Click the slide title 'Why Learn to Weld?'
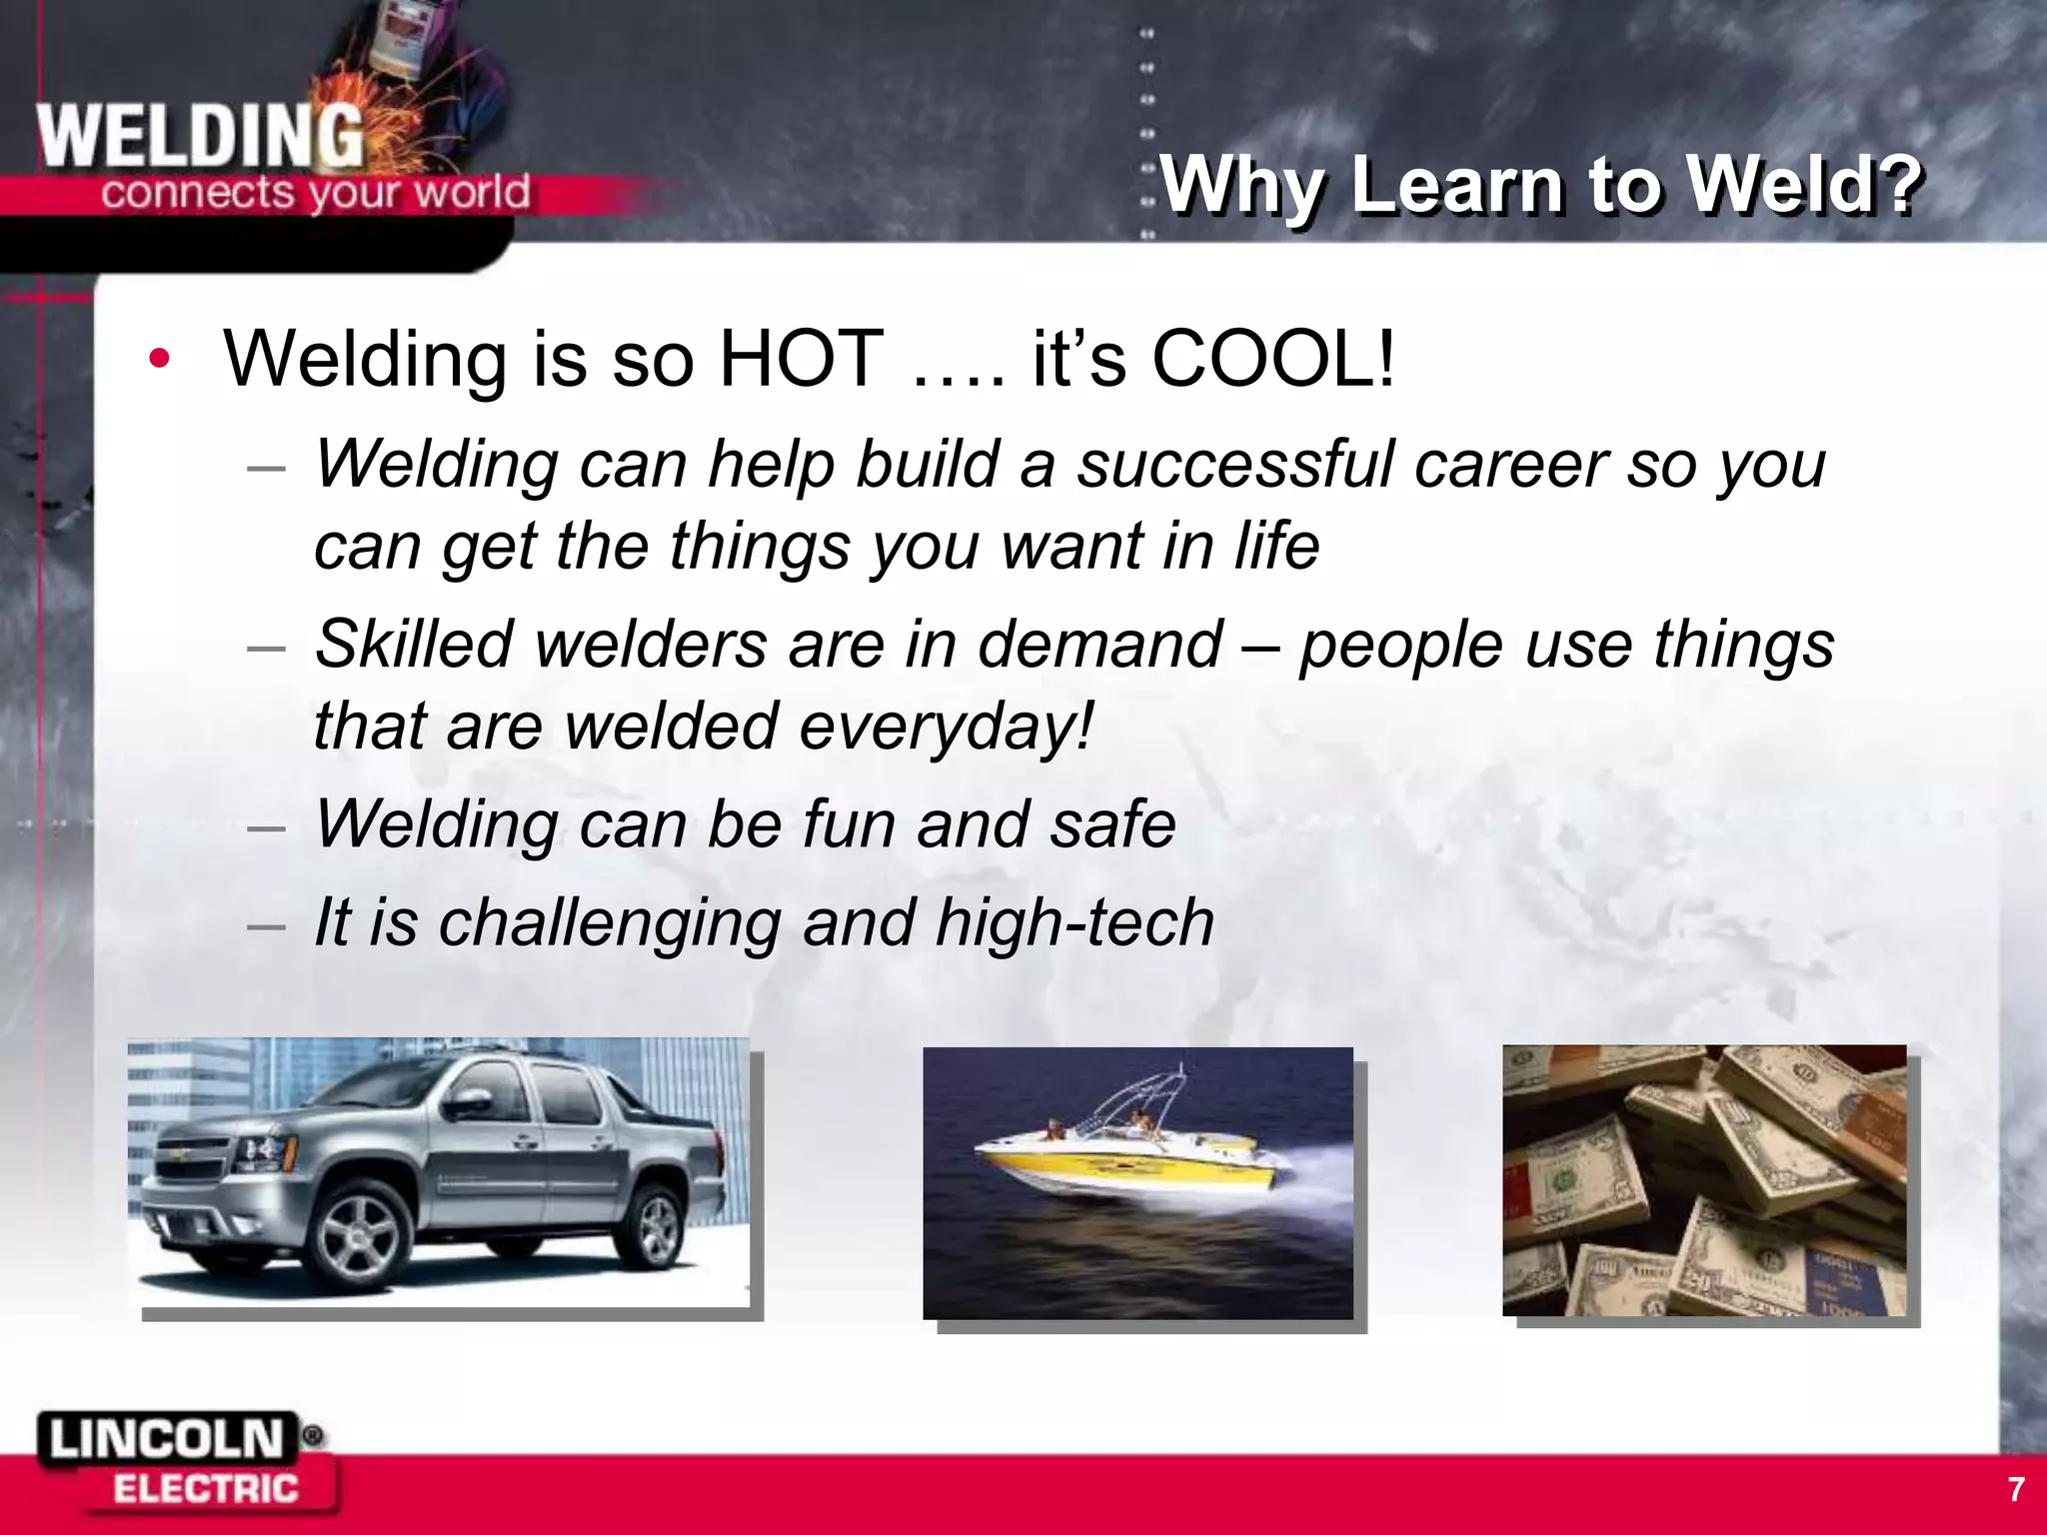[1539, 186]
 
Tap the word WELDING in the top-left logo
[200, 138]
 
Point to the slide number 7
[2016, 1489]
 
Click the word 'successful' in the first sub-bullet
[1235, 465]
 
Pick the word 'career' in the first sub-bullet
[1510, 465]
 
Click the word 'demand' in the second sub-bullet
[1099, 645]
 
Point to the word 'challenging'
[610, 923]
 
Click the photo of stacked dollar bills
[1704, 1180]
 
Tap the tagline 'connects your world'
[315, 191]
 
